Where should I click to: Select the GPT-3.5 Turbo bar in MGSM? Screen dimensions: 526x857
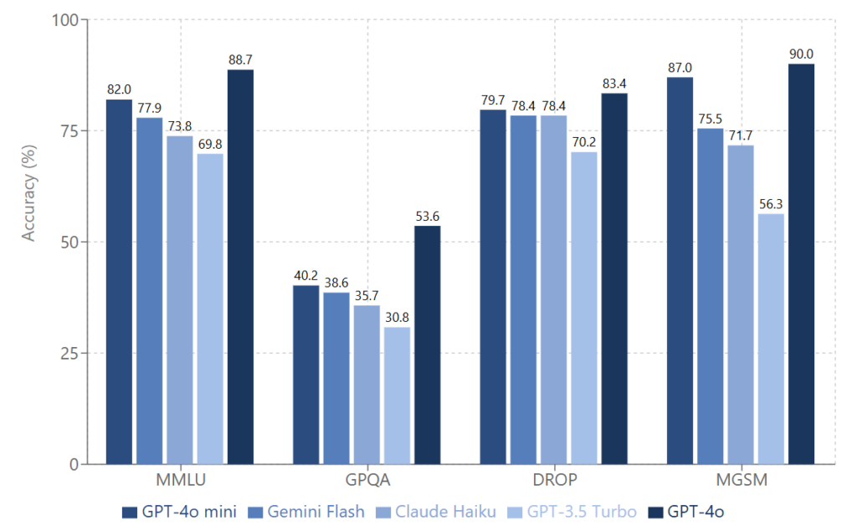(771, 339)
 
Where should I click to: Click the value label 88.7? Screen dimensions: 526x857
(240, 60)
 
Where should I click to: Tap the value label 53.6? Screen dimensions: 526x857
(427, 217)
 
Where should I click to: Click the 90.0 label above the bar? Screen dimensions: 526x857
(801, 54)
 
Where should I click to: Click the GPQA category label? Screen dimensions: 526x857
(367, 482)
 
